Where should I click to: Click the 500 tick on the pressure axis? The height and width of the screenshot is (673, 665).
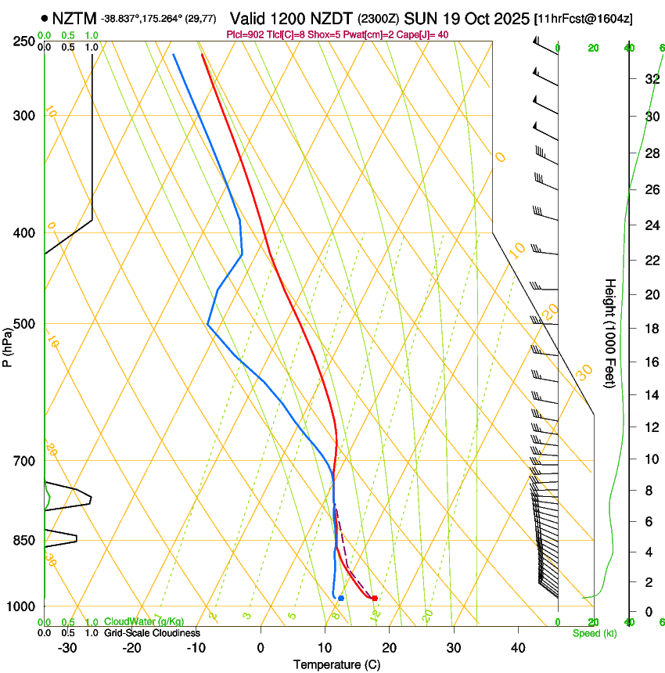[23, 324]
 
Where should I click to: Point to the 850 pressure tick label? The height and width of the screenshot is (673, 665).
[23, 541]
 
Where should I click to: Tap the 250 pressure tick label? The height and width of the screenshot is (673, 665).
[23, 41]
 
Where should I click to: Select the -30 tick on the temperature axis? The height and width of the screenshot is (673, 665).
[67, 648]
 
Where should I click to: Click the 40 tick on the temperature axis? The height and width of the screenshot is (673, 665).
[518, 648]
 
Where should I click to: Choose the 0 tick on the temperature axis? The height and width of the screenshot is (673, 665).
[261, 648]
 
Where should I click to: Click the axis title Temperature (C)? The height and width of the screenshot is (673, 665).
[336, 664]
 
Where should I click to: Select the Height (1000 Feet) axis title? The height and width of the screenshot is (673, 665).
[610, 333]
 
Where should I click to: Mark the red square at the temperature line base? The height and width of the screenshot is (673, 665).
[375, 598]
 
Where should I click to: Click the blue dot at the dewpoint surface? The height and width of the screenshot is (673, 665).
[341, 598]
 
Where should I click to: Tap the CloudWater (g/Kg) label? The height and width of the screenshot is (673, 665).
[144, 622]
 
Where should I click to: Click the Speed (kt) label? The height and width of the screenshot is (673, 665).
[594, 633]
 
